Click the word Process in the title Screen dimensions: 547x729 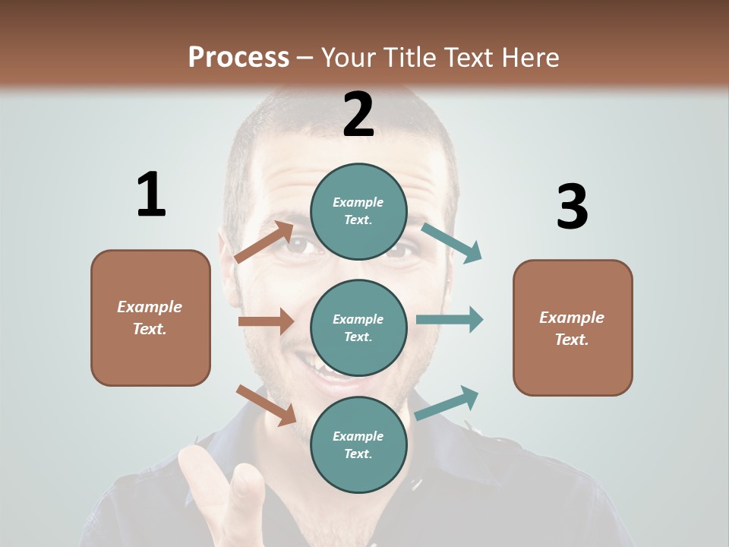click(x=238, y=58)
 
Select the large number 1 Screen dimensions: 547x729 click(x=151, y=195)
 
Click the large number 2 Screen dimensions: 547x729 click(x=358, y=115)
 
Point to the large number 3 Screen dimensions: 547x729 click(x=572, y=207)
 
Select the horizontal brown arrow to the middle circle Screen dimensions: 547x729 click(x=266, y=321)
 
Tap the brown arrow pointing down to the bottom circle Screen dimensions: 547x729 click(x=266, y=405)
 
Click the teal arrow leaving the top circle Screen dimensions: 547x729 click(x=451, y=243)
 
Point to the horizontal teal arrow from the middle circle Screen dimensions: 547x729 click(x=450, y=319)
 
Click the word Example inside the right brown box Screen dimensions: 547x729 click(x=572, y=318)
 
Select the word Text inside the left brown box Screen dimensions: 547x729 click(x=150, y=329)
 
